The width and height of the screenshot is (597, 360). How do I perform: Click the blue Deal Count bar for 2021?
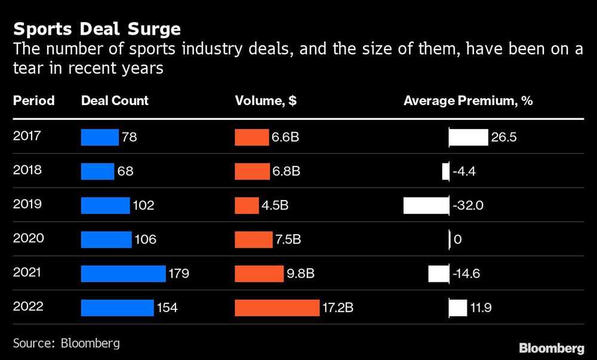pos(123,274)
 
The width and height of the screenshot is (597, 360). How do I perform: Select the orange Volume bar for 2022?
pos(277,308)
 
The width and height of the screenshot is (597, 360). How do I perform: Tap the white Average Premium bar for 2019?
pos(426,205)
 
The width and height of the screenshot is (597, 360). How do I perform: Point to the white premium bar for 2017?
pos(469,137)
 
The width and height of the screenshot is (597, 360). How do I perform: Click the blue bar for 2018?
pos(97,171)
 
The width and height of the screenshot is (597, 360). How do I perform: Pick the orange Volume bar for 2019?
pos(247,205)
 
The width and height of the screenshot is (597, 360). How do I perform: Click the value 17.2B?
pos(338,308)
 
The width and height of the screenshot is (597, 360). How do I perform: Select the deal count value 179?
pos(179,274)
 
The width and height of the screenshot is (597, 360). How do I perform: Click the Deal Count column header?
pos(115,101)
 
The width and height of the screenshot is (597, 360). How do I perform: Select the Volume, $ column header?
pos(266,101)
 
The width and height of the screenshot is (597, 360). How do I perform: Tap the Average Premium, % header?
pos(468,101)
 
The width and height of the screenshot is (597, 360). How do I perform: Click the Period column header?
pos(33,101)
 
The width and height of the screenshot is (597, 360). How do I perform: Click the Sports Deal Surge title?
pos(97,29)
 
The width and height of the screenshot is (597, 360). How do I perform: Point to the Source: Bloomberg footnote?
pos(66,343)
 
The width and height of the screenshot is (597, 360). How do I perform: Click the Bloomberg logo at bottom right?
pos(551,347)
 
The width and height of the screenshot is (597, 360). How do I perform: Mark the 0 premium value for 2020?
pos(458,240)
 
